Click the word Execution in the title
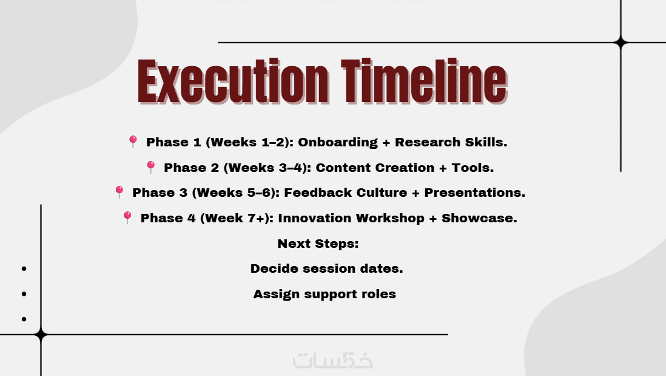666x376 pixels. [233, 81]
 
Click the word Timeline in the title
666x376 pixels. [425, 81]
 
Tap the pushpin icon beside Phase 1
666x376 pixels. [133, 142]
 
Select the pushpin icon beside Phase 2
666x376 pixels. [151, 166]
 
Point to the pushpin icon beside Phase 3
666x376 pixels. [119, 192]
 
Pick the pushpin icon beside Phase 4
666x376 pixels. [127, 217]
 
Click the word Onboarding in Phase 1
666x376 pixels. [338, 143]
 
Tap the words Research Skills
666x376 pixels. [451, 142]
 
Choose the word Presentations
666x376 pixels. [475, 193]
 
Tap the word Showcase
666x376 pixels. [480, 218]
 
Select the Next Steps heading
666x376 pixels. [318, 244]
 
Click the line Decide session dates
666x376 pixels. [326, 269]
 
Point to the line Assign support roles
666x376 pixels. [325, 295]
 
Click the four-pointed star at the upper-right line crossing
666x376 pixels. [621, 43]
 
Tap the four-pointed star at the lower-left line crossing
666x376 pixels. [41, 335]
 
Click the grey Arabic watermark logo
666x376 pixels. [333, 360]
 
